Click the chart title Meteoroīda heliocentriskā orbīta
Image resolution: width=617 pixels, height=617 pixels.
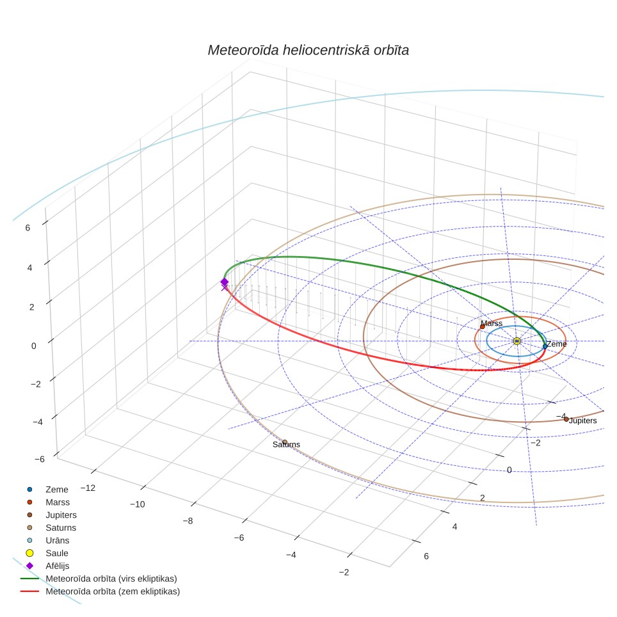(x=308, y=50)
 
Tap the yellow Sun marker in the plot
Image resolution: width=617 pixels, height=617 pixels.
(x=517, y=341)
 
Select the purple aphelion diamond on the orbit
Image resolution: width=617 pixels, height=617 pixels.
(x=224, y=282)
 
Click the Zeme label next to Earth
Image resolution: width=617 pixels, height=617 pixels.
(x=556, y=344)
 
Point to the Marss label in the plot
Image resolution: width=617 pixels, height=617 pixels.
(x=492, y=323)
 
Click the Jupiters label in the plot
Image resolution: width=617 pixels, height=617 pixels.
(x=583, y=421)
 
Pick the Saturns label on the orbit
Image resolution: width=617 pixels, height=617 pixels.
(x=287, y=444)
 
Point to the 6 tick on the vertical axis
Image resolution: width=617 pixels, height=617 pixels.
(x=28, y=228)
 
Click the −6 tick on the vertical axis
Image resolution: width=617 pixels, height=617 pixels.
(x=39, y=459)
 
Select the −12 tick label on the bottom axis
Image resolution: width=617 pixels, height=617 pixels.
(x=88, y=488)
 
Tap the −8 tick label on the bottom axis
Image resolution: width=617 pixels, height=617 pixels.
(x=188, y=521)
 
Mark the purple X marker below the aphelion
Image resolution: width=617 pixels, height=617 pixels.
(x=225, y=287)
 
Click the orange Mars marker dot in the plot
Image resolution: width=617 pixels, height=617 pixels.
(x=483, y=326)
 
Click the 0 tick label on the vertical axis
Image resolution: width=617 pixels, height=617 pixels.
(x=34, y=346)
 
